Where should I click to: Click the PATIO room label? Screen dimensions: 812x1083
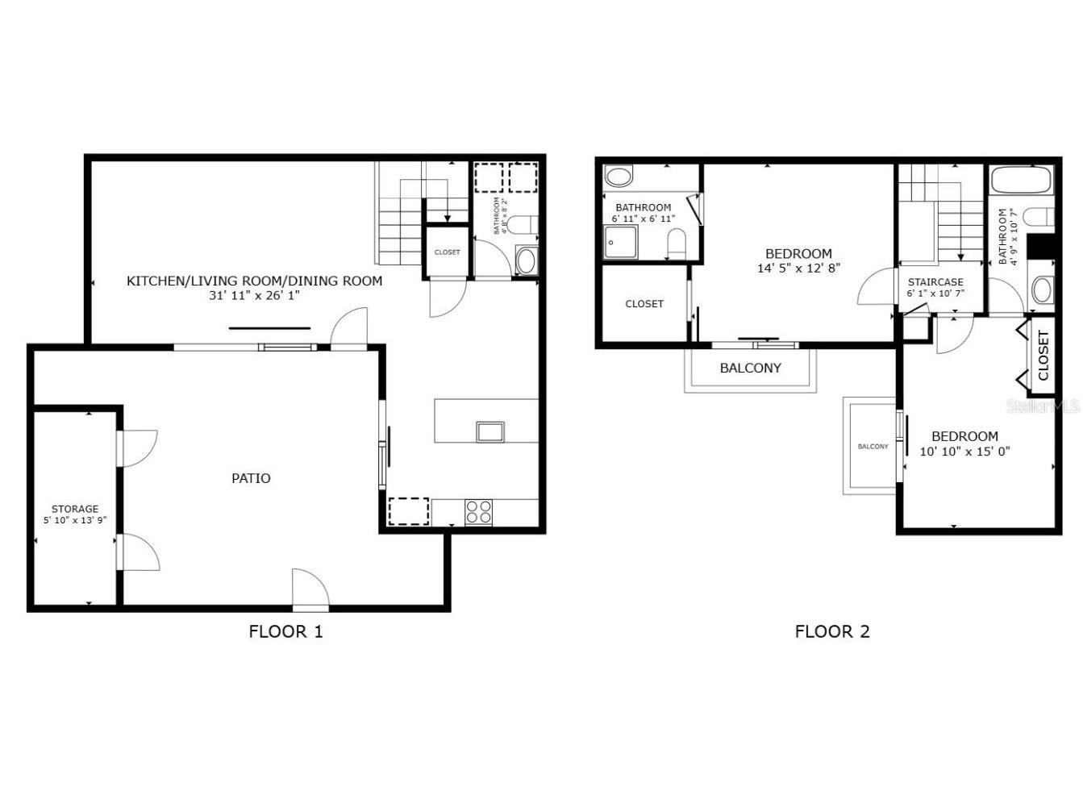(x=251, y=478)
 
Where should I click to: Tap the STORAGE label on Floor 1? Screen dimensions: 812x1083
(x=75, y=509)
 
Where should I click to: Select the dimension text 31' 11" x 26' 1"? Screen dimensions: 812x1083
(x=255, y=296)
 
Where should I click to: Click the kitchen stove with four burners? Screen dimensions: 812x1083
(x=479, y=513)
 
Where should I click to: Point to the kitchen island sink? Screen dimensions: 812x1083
(x=489, y=431)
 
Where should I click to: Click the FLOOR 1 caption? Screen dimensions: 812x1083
(x=285, y=631)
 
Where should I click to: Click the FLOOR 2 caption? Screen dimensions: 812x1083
(x=832, y=631)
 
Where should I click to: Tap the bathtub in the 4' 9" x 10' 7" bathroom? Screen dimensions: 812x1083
(x=1020, y=179)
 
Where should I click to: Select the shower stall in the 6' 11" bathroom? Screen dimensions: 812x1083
(x=621, y=241)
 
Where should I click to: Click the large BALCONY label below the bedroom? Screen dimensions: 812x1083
(x=750, y=368)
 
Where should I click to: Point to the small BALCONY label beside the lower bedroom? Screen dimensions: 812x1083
(x=873, y=446)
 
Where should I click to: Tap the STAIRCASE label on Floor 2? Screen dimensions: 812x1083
(x=935, y=282)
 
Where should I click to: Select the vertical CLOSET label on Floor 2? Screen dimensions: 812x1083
(x=1043, y=356)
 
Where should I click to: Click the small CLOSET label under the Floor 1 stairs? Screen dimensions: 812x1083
(x=447, y=252)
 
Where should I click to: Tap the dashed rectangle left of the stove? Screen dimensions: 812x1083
(x=409, y=511)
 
